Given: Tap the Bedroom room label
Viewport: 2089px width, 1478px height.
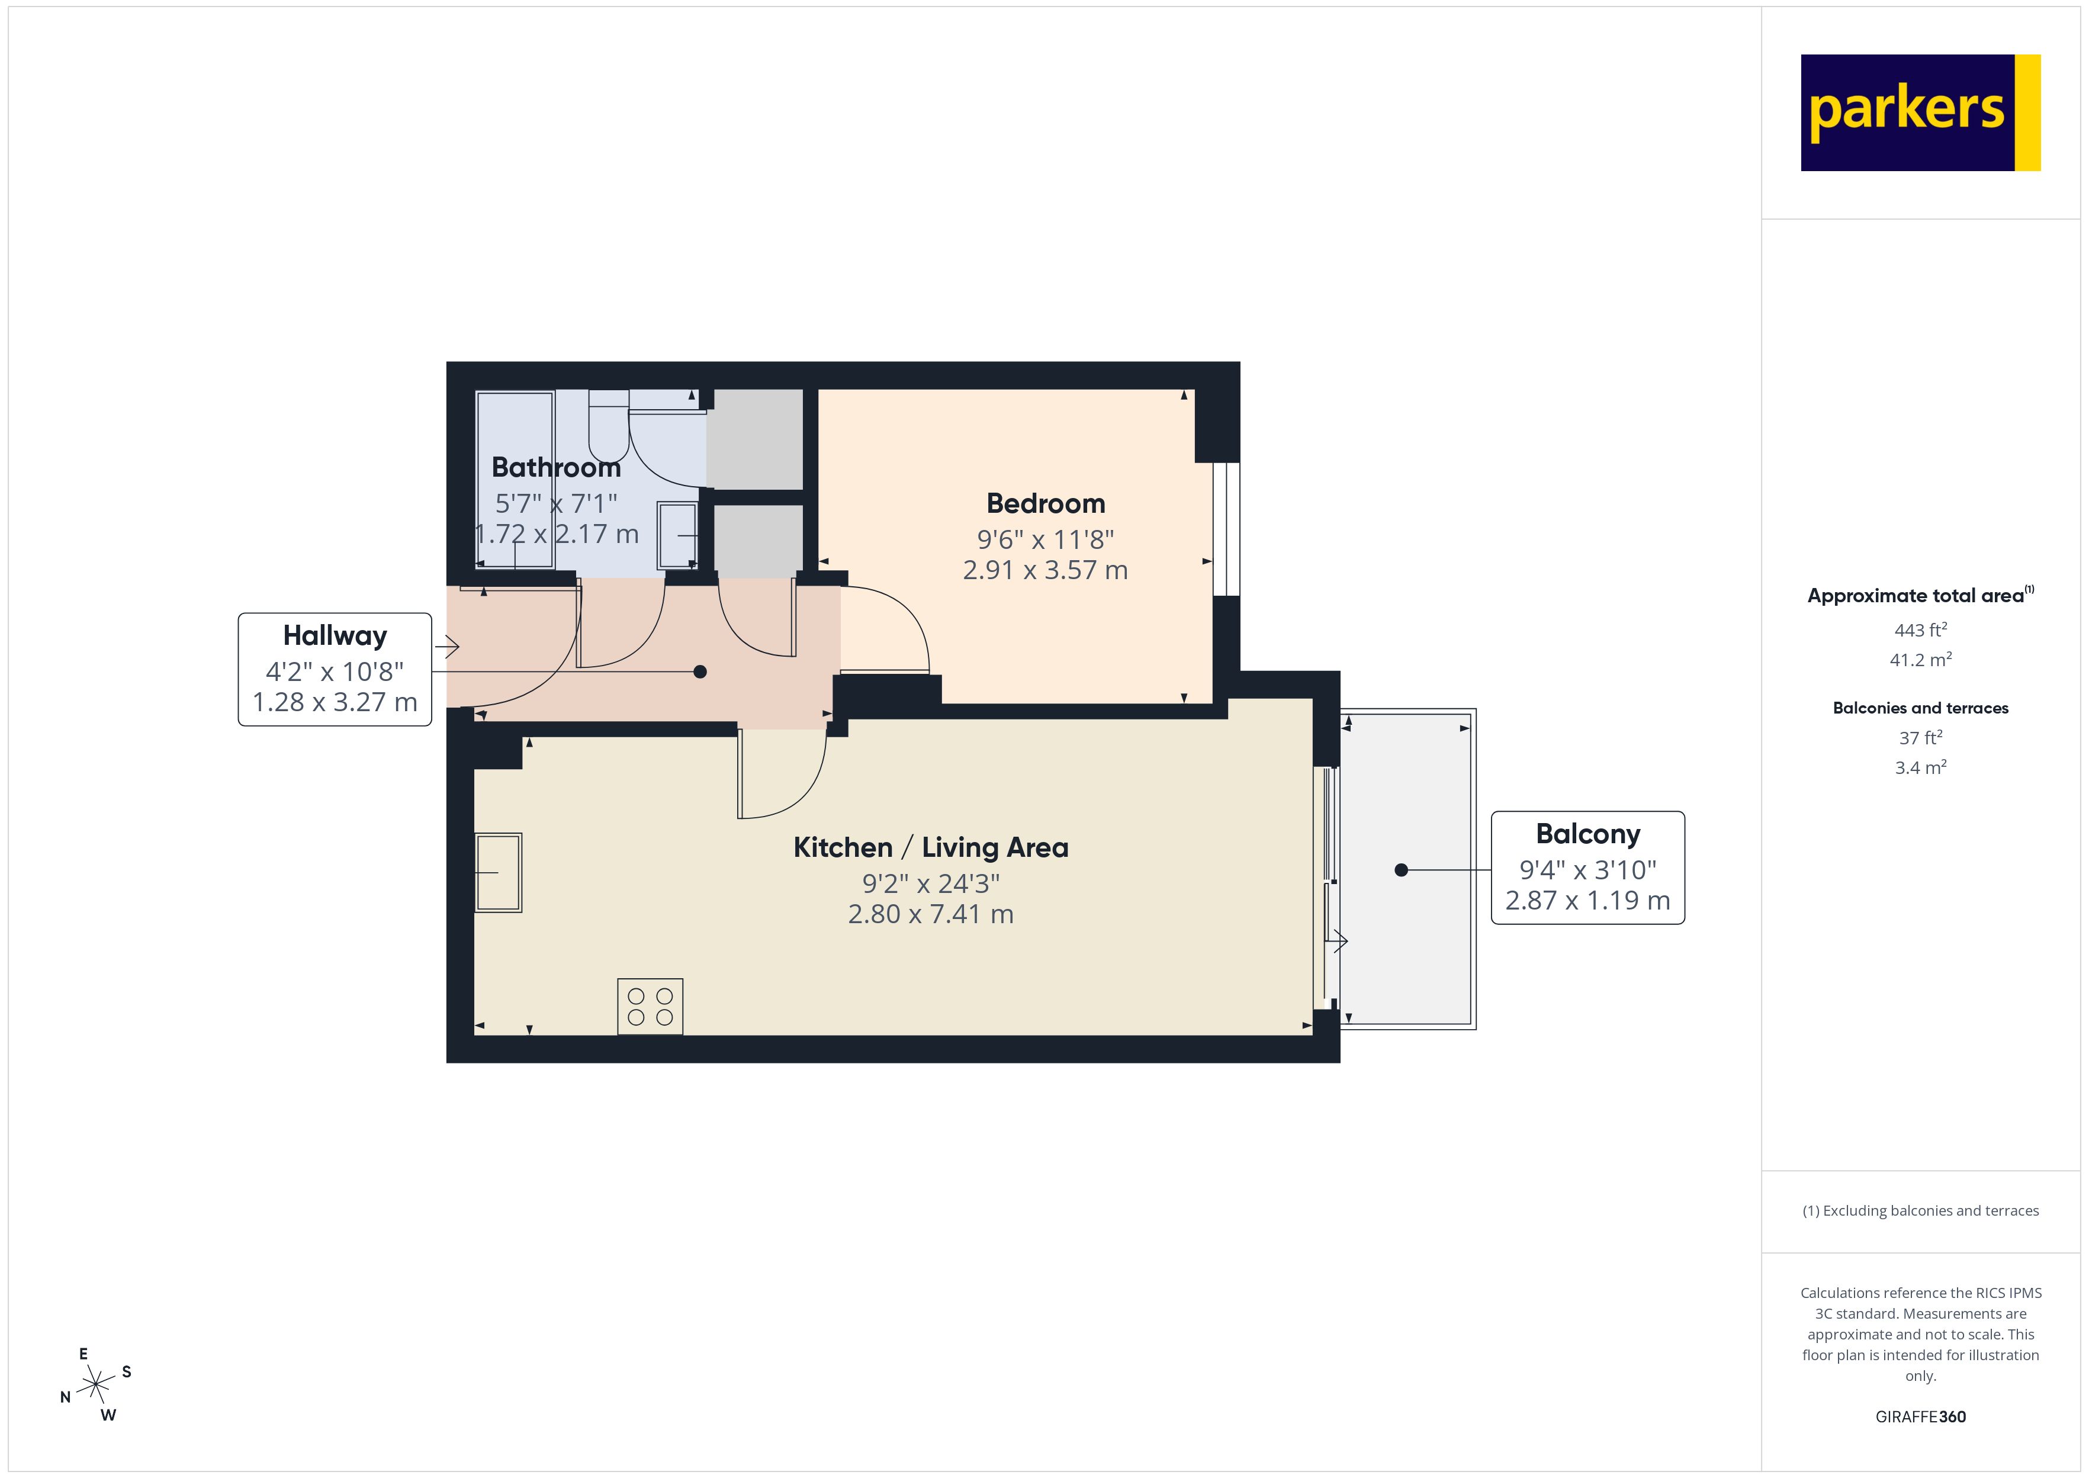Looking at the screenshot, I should (1046, 503).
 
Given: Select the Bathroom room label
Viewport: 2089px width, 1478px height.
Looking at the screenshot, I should (556, 468).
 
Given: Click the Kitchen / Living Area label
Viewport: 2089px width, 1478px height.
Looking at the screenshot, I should (931, 847).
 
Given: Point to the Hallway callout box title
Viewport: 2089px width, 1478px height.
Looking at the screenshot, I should (335, 635).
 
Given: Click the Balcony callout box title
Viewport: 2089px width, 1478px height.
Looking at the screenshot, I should (1587, 834).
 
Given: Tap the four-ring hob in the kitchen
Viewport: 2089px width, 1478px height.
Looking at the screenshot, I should (650, 1007).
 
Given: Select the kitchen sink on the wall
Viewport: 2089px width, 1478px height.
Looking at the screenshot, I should (499, 872).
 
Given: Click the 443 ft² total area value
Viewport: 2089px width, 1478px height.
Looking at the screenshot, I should (1920, 630).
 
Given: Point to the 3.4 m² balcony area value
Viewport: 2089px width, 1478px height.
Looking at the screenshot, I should (1920, 767).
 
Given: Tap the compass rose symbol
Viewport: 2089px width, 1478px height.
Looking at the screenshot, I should (95, 1385).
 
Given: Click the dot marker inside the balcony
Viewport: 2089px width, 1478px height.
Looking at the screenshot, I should (1401, 870).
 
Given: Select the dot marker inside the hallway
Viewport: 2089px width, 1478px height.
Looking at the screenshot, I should (700, 671).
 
